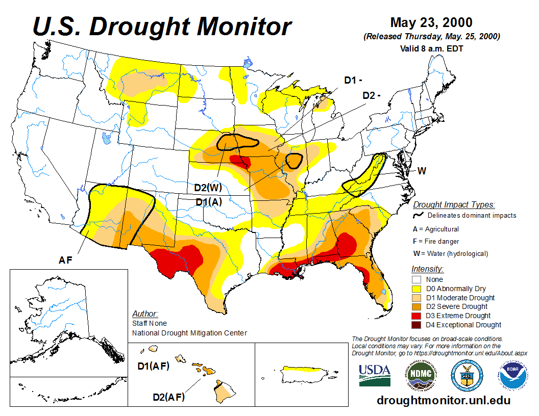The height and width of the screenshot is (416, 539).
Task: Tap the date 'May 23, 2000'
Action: point(431,22)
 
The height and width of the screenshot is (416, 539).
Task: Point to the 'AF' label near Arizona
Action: point(65,260)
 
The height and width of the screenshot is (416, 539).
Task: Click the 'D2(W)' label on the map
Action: point(208,188)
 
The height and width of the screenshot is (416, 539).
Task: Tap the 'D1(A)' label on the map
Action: point(209,201)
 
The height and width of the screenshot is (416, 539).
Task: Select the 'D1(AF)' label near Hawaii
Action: point(153,366)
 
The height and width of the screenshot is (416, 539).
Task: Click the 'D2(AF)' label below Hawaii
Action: point(169,397)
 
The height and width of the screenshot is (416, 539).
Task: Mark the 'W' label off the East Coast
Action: point(422,170)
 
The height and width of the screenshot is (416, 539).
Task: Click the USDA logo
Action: point(375,374)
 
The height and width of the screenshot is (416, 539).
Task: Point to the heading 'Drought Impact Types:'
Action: point(454,204)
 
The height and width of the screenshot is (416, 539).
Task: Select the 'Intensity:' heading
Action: point(427,269)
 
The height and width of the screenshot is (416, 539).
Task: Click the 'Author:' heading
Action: point(145,314)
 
